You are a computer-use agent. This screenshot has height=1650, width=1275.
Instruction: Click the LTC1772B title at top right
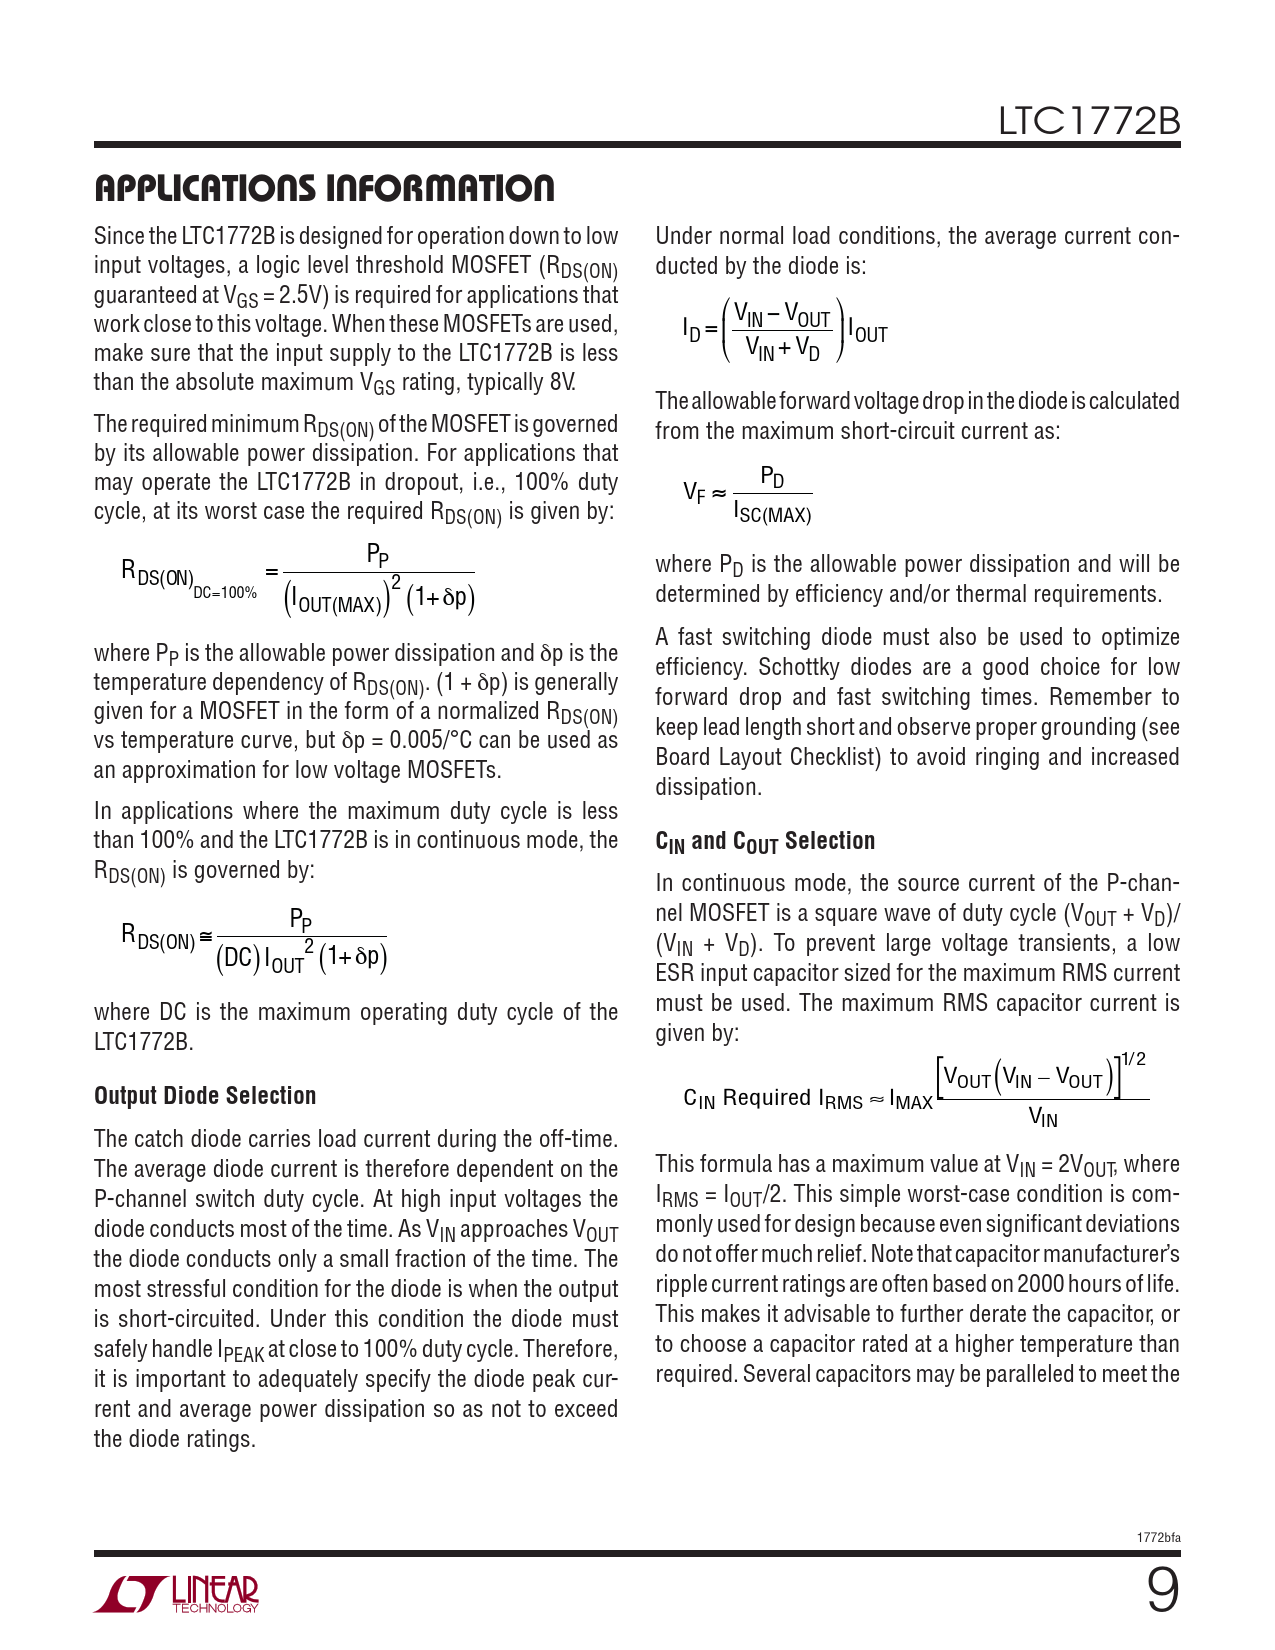[1089, 122]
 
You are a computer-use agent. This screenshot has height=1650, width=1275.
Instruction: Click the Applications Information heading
[324, 188]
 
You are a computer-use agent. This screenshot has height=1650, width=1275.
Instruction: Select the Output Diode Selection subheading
[205, 1096]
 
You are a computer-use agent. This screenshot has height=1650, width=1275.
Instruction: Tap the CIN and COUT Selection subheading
[765, 841]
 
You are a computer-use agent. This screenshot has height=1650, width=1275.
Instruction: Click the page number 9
[1162, 1590]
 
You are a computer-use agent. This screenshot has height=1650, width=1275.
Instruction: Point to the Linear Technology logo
[177, 1594]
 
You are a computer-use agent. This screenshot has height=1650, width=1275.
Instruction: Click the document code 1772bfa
[1158, 1537]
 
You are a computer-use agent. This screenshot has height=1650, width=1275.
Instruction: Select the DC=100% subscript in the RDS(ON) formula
[225, 593]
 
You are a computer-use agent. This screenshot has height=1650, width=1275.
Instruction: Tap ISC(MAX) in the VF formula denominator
[772, 515]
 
